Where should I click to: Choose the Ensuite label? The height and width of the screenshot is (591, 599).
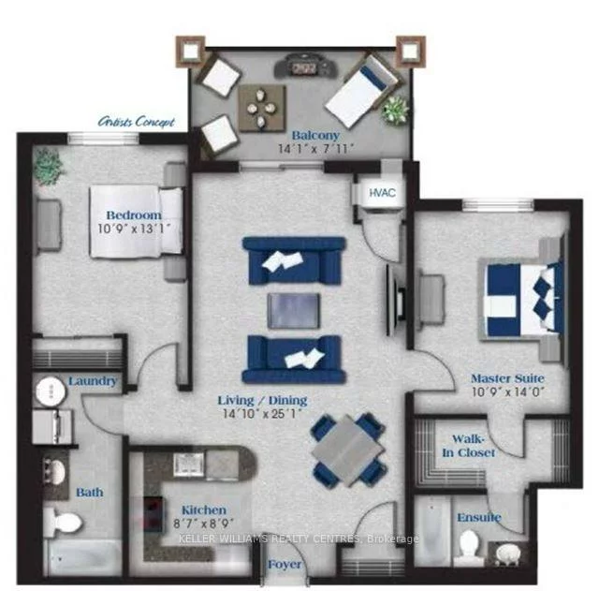[x=478, y=517]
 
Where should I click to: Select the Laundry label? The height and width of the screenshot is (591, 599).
[x=93, y=381]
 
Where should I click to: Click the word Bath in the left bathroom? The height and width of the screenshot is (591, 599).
[x=90, y=492]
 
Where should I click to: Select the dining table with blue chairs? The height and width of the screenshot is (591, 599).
[x=346, y=448]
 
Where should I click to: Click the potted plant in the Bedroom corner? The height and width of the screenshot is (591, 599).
[x=47, y=166]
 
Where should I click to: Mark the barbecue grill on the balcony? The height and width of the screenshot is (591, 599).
[x=302, y=66]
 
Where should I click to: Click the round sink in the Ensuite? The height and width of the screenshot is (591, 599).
[x=507, y=552]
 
